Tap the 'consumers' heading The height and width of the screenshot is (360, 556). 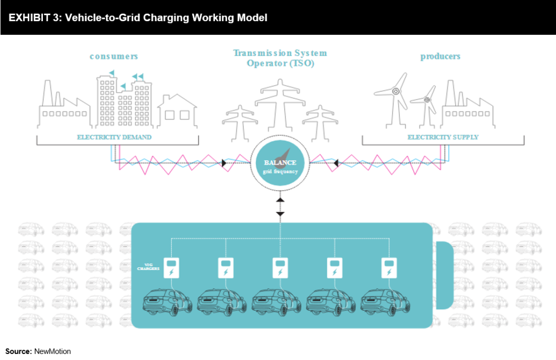[x=114, y=56]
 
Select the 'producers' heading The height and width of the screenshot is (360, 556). [x=440, y=56]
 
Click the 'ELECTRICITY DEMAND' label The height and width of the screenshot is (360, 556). [x=114, y=137]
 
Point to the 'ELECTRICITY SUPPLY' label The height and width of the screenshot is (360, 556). [x=443, y=137]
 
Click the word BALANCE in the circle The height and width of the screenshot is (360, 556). [x=280, y=162]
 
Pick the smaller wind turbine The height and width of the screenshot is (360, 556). [x=426, y=106]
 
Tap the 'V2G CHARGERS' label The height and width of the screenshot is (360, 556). [x=147, y=266]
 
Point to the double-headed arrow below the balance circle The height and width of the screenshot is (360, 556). [x=280, y=207]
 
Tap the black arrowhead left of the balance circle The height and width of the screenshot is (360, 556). [x=224, y=163]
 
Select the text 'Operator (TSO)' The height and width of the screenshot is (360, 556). [x=280, y=64]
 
